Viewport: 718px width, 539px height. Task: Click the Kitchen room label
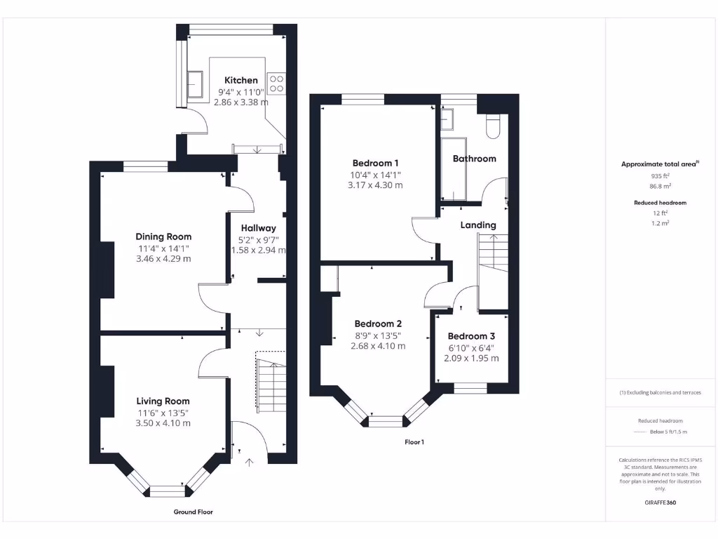241,81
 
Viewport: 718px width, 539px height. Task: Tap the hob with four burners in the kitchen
276,84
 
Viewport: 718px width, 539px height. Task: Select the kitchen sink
196,86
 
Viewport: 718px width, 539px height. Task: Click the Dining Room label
163,237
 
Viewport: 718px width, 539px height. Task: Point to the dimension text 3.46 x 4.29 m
163,259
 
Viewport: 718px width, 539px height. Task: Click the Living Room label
163,401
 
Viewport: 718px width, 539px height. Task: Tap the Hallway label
258,228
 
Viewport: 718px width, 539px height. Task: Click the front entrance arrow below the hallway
250,461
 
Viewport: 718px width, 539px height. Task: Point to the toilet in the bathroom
492,124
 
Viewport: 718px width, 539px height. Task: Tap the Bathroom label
474,159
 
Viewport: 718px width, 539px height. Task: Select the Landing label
478,225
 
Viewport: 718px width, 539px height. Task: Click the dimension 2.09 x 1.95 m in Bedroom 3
471,358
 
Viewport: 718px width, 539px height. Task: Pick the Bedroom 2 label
378,324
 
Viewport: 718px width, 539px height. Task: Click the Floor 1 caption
414,442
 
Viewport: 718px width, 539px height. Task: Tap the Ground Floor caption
193,512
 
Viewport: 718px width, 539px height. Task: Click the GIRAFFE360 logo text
660,503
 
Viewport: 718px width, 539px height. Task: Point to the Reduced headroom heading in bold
660,203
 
